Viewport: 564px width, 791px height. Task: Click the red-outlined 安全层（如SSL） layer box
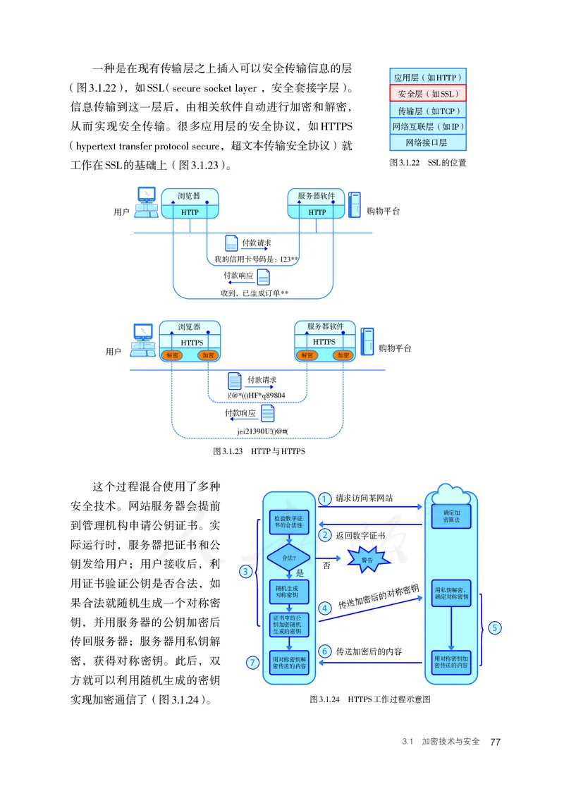coord(429,94)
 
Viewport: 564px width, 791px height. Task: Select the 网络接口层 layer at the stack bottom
coord(429,142)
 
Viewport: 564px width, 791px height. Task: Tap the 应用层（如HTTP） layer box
coord(429,78)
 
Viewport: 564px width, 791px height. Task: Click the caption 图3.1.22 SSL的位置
coord(428,162)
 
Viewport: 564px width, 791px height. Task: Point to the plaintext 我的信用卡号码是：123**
coord(257,259)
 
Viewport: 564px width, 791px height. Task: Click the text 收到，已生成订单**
coord(255,293)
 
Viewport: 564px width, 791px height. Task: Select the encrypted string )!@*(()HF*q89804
coord(257,395)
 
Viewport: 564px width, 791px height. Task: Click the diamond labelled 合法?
coord(288,557)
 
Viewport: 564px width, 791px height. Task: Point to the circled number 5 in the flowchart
coord(494,627)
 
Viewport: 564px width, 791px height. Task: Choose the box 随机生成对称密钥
coord(288,591)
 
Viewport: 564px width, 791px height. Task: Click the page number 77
coord(495,742)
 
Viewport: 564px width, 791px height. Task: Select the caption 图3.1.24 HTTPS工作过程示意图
coord(369,700)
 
